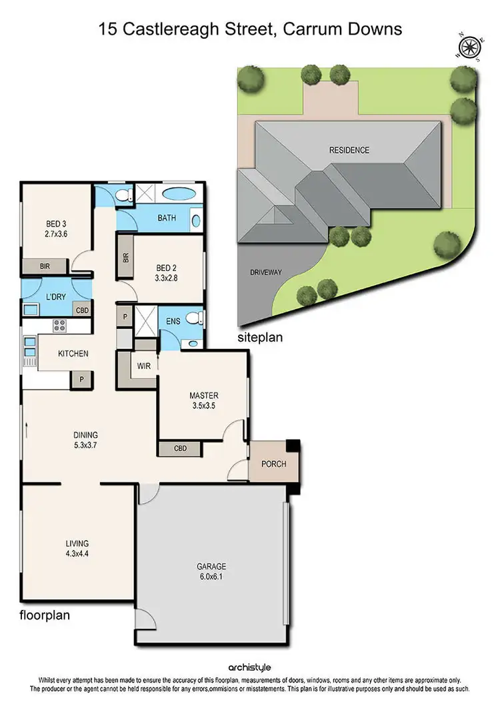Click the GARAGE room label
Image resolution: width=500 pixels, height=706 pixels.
211,567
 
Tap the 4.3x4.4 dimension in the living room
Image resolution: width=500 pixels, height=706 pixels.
77,553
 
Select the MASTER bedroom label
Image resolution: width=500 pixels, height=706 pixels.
203,395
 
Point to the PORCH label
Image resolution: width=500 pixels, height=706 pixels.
274,464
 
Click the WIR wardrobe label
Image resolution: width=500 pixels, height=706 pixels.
144,366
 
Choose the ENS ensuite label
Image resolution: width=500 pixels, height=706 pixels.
173,321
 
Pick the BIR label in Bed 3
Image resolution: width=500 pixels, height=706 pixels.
45,266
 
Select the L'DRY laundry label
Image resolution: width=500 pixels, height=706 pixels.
55,296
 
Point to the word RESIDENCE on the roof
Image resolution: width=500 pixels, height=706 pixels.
349,150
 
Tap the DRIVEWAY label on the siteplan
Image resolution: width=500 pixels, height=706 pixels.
267,272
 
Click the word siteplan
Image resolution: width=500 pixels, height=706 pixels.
260,338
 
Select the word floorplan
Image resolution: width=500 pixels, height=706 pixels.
45,615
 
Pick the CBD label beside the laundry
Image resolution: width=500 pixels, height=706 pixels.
82,310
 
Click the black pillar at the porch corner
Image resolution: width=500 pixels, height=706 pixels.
292,447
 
